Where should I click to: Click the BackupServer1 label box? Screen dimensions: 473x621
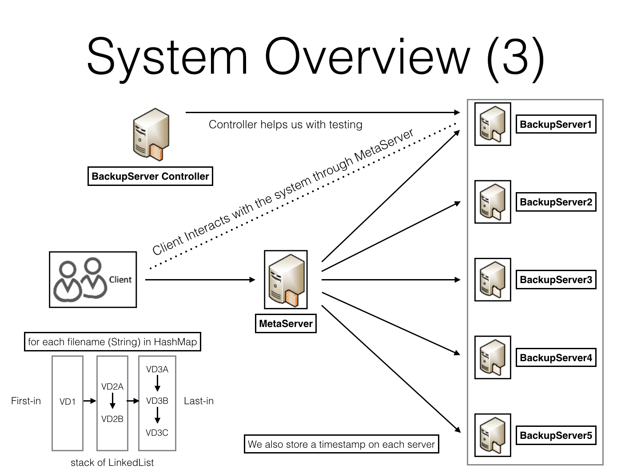pyautogui.click(x=556, y=124)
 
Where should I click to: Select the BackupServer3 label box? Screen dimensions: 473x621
pyautogui.click(x=556, y=280)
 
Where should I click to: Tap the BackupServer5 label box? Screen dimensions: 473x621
pyautogui.click(x=556, y=435)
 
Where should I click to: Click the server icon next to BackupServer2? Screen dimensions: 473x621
pyautogui.click(x=493, y=202)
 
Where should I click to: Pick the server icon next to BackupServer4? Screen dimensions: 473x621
pyautogui.click(x=493, y=357)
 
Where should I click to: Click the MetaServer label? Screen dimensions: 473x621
pyautogui.click(x=286, y=323)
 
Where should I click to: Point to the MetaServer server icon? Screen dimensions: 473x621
pyautogui.click(x=286, y=280)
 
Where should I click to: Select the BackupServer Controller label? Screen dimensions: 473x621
pyautogui.click(x=150, y=176)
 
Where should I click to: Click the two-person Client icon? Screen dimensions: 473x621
pyautogui.click(x=80, y=280)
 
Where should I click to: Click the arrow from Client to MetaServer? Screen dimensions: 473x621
pyautogui.click(x=200, y=280)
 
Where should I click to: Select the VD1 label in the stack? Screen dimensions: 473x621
pyautogui.click(x=68, y=402)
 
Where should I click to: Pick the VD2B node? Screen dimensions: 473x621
pyautogui.click(x=112, y=419)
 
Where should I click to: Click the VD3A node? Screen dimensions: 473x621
pyautogui.click(x=157, y=369)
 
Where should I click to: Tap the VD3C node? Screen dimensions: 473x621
pyautogui.click(x=157, y=433)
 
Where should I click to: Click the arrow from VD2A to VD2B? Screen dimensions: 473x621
pyautogui.click(x=112, y=402)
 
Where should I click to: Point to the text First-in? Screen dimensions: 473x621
pyautogui.click(x=26, y=401)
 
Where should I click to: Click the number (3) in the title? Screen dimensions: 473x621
pyautogui.click(x=515, y=57)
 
